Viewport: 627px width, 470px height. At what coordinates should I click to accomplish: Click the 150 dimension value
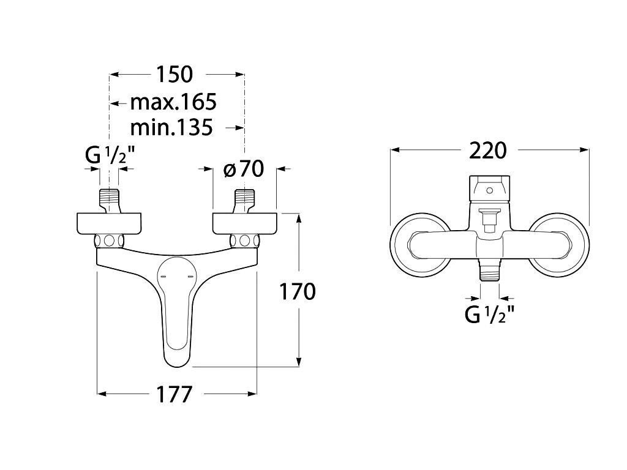(x=175, y=74)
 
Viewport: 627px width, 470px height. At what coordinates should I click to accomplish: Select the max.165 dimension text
(x=173, y=102)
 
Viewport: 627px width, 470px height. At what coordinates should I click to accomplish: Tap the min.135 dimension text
(x=171, y=128)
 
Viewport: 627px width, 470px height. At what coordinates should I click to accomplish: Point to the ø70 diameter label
(x=244, y=169)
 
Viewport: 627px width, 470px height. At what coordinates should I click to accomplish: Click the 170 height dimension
(x=297, y=291)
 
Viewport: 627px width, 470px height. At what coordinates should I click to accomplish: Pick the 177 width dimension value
(x=174, y=395)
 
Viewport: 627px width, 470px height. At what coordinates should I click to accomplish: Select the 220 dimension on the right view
(x=488, y=151)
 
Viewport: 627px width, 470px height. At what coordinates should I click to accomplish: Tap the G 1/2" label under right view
(x=489, y=315)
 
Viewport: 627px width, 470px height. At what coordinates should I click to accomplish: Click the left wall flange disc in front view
(x=109, y=223)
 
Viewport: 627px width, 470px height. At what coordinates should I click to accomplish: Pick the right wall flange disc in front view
(x=245, y=223)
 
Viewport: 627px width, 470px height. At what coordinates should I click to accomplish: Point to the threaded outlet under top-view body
(x=489, y=271)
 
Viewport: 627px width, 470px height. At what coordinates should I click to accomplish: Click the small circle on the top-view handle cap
(x=489, y=190)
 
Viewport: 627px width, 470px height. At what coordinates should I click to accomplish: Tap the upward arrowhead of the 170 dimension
(x=298, y=218)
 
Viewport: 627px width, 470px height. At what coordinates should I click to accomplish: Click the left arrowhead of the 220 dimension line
(x=395, y=150)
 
